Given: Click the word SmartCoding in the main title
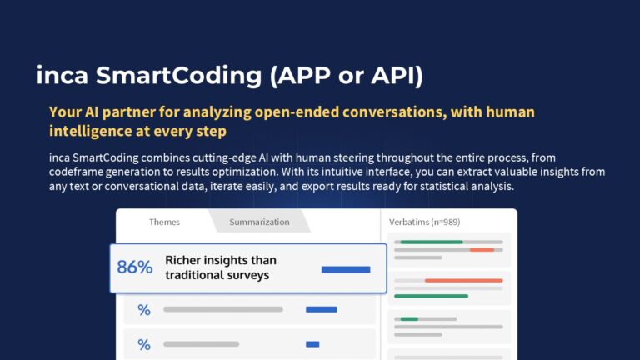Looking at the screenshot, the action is (178, 76).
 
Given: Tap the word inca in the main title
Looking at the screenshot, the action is (62, 76).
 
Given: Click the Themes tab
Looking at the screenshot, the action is (164, 222).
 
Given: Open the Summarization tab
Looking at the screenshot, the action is (259, 222).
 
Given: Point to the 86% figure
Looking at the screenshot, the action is (135, 267).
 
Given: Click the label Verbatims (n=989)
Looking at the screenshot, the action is (424, 222).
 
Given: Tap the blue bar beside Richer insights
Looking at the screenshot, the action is (346, 269).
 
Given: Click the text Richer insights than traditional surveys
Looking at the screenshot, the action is (221, 267).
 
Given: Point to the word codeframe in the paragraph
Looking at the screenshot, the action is (77, 172).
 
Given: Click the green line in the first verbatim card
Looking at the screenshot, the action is (432, 242).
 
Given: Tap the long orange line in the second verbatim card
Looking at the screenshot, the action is (463, 280).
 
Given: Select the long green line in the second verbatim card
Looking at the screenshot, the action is (431, 296).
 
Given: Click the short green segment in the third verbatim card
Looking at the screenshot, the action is (409, 319).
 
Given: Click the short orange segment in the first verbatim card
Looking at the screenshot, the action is (482, 249).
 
